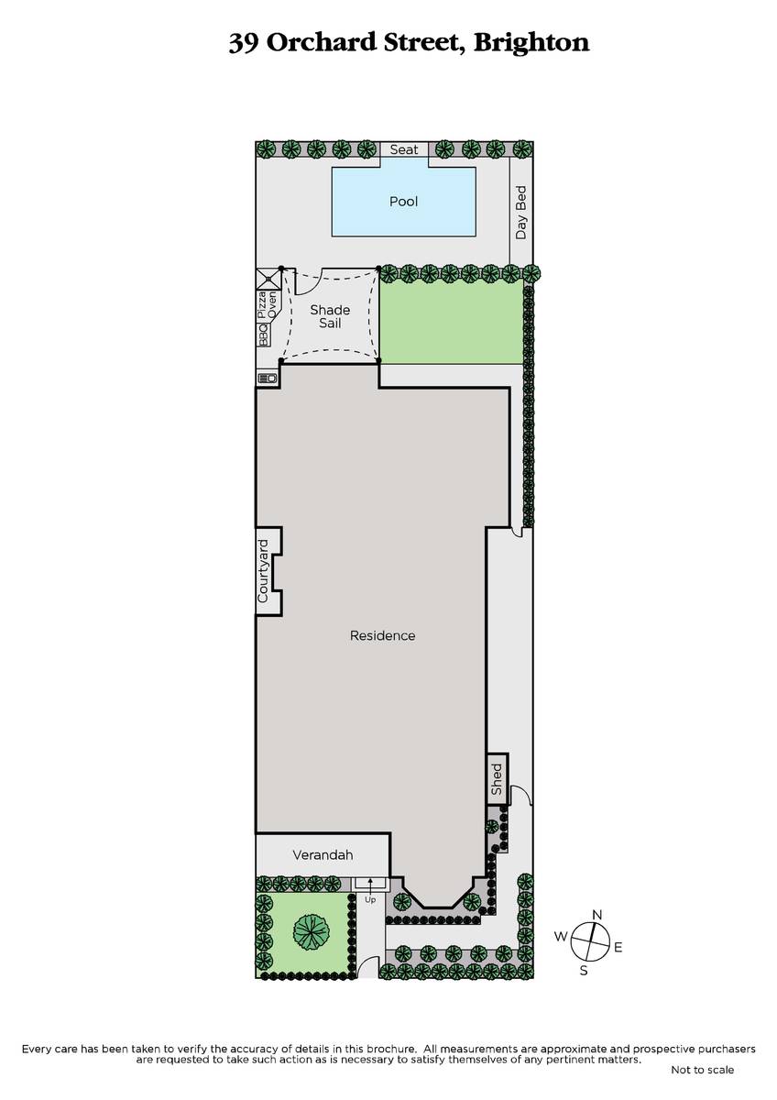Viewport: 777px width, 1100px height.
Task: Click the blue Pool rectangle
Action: point(403,202)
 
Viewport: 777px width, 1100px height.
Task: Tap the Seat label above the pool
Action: point(404,149)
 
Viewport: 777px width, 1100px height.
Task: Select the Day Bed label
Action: point(520,212)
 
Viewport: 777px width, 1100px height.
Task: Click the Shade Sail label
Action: point(330,316)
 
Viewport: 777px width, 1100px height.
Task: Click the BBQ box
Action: point(264,335)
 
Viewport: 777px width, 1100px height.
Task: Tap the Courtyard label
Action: point(263,571)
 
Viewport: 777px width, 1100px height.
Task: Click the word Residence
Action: point(382,635)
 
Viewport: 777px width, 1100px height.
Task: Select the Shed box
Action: point(498,779)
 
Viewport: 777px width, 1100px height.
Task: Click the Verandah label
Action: point(323,855)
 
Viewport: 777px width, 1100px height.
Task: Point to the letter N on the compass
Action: point(596,915)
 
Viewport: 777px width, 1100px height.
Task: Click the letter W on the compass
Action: point(561,936)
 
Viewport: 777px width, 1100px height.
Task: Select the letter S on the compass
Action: point(584,971)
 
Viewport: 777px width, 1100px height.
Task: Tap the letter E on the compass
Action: point(618,948)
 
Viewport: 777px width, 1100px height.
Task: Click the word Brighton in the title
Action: point(531,43)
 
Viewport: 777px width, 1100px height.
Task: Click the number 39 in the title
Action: point(244,43)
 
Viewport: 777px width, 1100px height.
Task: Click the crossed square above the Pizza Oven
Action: point(268,279)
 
